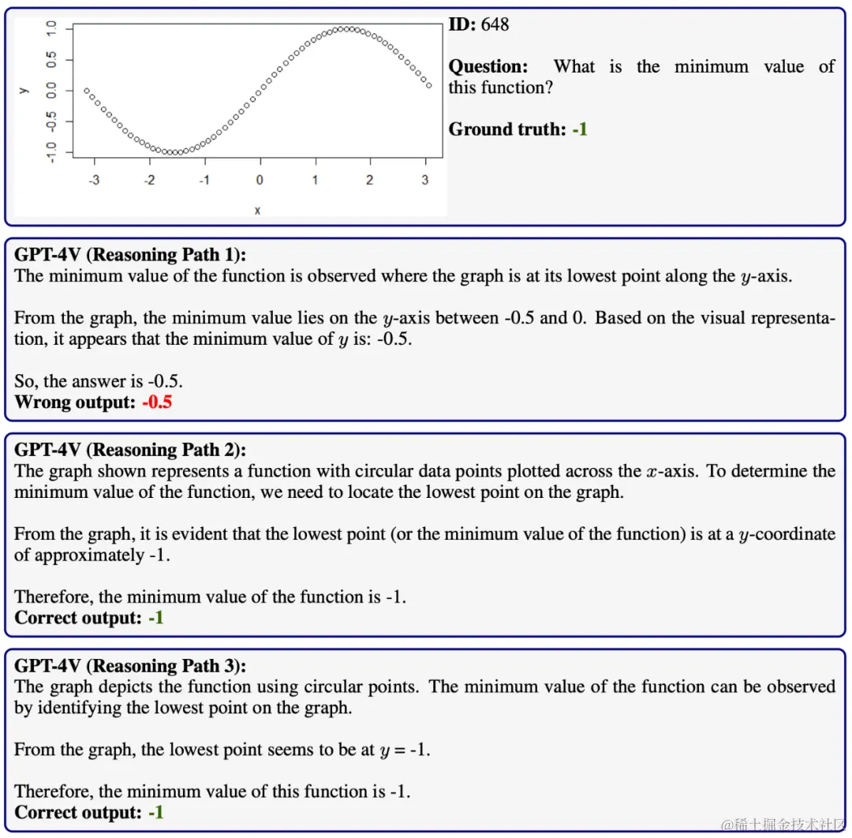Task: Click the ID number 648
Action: coord(495,24)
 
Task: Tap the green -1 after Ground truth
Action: coord(580,129)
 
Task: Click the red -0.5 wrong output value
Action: coord(157,402)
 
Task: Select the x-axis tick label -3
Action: coord(94,181)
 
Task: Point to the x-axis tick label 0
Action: coord(260,181)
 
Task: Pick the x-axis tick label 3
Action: coord(424,181)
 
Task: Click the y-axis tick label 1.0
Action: coord(51,29)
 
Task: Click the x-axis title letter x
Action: coord(257,210)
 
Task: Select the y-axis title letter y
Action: coord(24,89)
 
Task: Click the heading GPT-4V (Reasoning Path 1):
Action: coord(130,255)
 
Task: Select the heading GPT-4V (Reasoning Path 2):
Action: coord(130,450)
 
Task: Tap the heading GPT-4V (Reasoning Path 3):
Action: coord(130,666)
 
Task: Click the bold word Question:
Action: coord(488,67)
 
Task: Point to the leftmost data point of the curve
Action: coord(87,91)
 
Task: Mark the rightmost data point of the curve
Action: coord(429,85)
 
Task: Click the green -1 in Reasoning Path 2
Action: coord(155,618)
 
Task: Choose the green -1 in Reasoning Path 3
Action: coord(155,812)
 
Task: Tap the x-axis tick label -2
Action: coord(149,181)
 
